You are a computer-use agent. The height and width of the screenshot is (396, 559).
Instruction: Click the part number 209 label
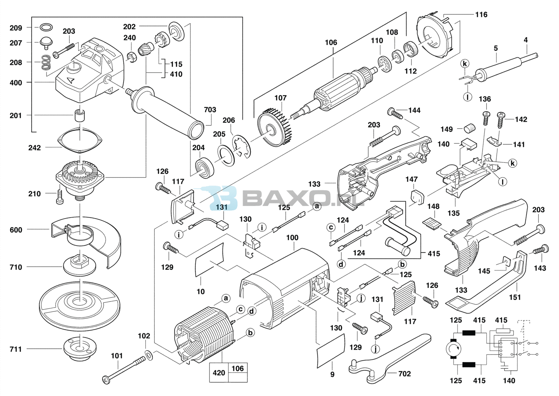tap(16, 28)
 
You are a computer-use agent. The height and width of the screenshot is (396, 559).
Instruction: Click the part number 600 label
tap(16, 230)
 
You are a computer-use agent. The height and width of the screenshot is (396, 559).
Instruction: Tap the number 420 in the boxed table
tap(219, 373)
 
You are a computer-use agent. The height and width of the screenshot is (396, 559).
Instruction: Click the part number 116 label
tap(481, 15)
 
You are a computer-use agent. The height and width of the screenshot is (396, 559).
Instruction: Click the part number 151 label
tap(515, 297)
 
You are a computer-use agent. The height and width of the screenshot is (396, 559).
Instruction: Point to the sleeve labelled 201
tap(80, 115)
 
